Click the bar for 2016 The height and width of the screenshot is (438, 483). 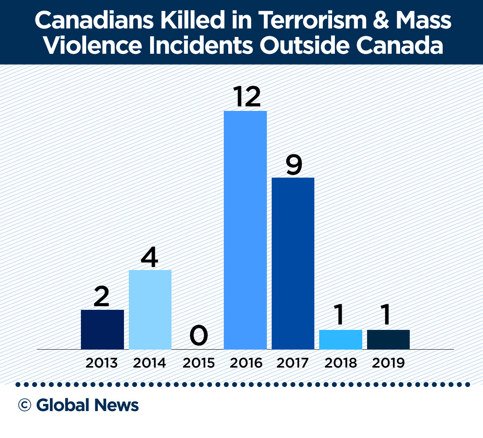[x=245, y=230]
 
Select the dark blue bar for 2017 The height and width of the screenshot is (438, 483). [x=293, y=263]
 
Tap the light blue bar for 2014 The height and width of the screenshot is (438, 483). [x=150, y=309]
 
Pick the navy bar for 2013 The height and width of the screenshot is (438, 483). [x=102, y=330]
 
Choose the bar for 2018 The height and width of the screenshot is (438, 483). [x=341, y=340]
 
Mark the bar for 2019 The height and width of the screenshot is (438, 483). [x=388, y=340]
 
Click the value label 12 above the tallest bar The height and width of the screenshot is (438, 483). [x=247, y=96]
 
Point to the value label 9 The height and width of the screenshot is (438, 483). [x=294, y=164]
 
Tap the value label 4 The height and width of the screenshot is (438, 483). [x=150, y=257]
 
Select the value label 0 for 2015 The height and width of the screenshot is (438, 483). [x=198, y=336]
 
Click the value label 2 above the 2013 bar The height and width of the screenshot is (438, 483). [x=101, y=297]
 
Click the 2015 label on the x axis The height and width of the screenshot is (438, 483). [x=198, y=363]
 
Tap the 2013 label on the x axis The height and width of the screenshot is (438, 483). [x=101, y=363]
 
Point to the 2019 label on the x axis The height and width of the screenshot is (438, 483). [x=388, y=363]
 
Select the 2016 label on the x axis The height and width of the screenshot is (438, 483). [x=246, y=363]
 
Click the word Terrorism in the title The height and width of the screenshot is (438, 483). [x=312, y=20]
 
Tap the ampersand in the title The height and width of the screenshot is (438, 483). [x=381, y=20]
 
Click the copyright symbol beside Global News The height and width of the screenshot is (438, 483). [x=25, y=405]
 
